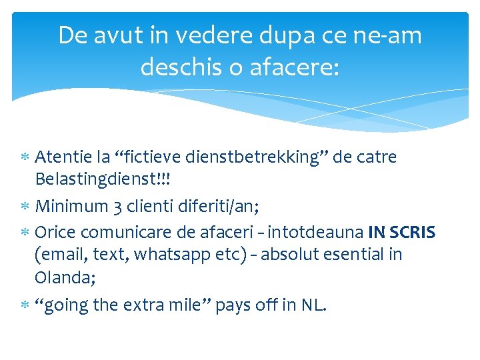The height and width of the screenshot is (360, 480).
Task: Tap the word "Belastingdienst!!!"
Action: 99,179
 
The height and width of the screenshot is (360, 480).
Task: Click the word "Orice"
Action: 56,233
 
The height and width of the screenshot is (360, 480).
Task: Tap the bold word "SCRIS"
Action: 413,233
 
